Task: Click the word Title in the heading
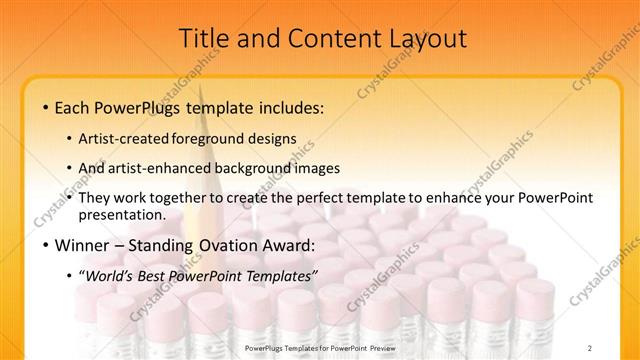click(x=203, y=39)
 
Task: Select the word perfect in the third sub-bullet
click(x=314, y=197)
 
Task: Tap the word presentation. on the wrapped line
click(x=128, y=214)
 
